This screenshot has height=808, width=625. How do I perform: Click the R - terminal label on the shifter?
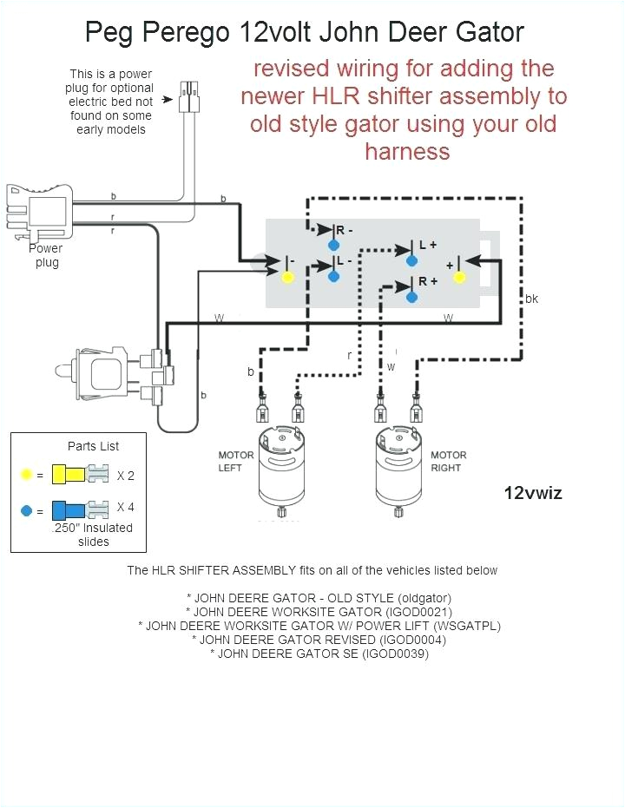point(345,230)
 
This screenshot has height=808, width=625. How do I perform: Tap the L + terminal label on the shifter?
point(428,245)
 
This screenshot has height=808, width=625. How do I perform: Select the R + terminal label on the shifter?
point(428,282)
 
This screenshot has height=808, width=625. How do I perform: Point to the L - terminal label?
point(344,260)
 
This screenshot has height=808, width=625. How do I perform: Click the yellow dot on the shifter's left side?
point(288,277)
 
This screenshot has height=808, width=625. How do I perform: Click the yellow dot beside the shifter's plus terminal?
point(460,277)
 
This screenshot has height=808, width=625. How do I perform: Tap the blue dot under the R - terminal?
point(333,246)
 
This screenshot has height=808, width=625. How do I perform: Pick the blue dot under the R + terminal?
point(413,297)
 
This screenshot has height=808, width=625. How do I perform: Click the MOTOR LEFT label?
point(236,462)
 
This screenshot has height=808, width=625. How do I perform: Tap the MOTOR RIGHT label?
point(448,462)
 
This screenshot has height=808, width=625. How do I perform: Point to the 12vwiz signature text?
point(533,493)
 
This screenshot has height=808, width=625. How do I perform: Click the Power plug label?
point(46,255)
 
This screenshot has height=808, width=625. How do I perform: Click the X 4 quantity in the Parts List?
point(126,508)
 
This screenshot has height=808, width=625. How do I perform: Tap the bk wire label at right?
point(531,299)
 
